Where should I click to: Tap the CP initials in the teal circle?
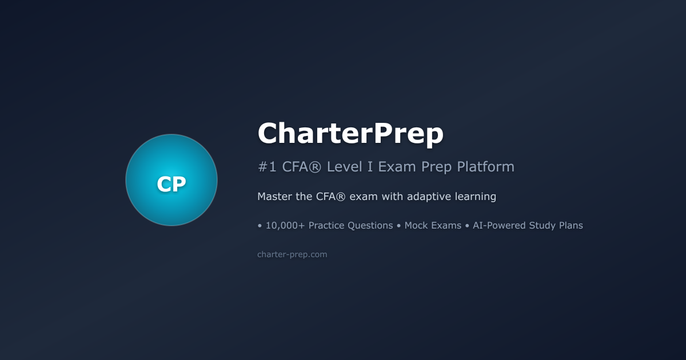[171, 184]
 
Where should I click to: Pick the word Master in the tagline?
[276, 197]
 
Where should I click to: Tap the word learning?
[476, 197]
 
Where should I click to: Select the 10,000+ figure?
[285, 226]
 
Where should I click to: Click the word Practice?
[329, 226]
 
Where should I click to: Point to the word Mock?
[417, 226]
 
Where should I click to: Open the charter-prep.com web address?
[292, 254]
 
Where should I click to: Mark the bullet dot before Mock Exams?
[399, 226]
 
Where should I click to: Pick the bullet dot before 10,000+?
[260, 226]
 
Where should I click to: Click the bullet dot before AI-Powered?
[467, 226]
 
